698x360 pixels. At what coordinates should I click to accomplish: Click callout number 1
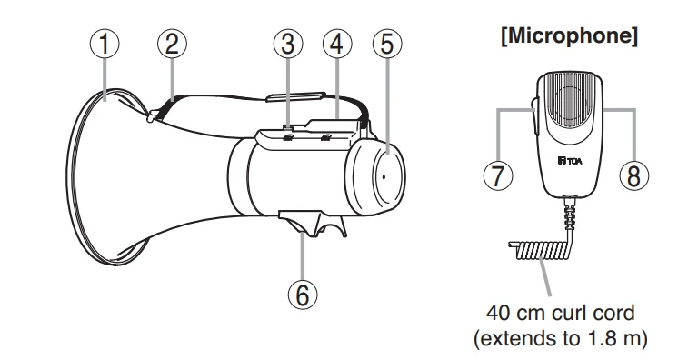[x=105, y=44]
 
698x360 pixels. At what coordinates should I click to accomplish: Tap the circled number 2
[x=172, y=44]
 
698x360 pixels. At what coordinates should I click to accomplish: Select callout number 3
[x=288, y=44]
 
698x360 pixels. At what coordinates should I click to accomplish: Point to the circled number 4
[x=337, y=44]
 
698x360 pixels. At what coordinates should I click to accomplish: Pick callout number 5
[x=387, y=44]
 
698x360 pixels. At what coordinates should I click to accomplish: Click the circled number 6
[x=303, y=294]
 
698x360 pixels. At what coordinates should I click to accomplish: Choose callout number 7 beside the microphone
[x=498, y=175]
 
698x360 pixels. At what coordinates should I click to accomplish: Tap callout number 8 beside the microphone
[x=634, y=175]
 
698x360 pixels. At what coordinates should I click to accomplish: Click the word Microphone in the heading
[x=569, y=35]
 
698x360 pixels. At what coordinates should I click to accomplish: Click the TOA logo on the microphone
[x=570, y=160]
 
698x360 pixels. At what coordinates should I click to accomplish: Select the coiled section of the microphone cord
[x=541, y=250]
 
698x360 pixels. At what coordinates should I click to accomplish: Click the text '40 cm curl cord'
[x=561, y=313]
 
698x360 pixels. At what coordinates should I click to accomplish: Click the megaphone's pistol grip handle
[x=313, y=224]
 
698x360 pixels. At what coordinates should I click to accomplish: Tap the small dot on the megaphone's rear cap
[x=384, y=176]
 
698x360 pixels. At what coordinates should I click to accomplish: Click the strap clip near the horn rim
[x=153, y=116]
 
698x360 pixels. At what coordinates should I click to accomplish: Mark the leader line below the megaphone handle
[x=303, y=255]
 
